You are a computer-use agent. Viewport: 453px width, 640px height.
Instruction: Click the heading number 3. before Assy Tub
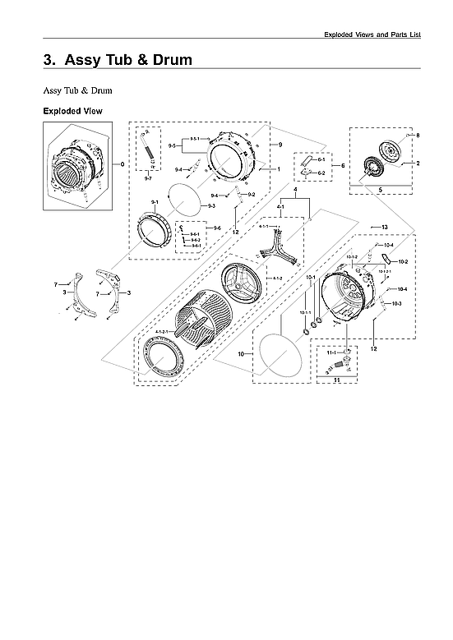(x=50, y=60)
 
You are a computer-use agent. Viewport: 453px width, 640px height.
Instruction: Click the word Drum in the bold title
(x=172, y=60)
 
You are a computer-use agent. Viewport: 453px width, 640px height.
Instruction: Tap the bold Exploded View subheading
(x=72, y=110)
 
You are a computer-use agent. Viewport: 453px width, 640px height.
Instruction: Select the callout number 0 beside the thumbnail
(x=122, y=164)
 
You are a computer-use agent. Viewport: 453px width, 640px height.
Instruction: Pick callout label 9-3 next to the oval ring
(x=211, y=205)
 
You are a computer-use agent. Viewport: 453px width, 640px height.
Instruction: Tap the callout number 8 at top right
(x=418, y=135)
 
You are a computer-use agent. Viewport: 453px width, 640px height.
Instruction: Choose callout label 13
(x=384, y=225)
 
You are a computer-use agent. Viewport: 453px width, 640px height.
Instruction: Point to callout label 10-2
(x=403, y=261)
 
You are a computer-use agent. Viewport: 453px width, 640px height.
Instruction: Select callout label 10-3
(x=396, y=304)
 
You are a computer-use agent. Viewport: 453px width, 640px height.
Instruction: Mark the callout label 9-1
(x=154, y=201)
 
